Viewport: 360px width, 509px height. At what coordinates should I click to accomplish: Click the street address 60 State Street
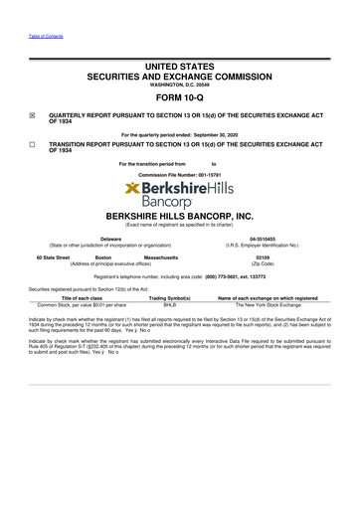tap(50, 256)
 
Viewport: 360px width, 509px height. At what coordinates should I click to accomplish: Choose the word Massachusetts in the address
tap(162, 256)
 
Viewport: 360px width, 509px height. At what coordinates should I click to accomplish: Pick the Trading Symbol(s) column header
tap(170, 298)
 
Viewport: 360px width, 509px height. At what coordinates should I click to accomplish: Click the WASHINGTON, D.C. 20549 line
tap(179, 71)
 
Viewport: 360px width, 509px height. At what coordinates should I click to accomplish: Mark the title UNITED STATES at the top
tap(179, 50)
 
